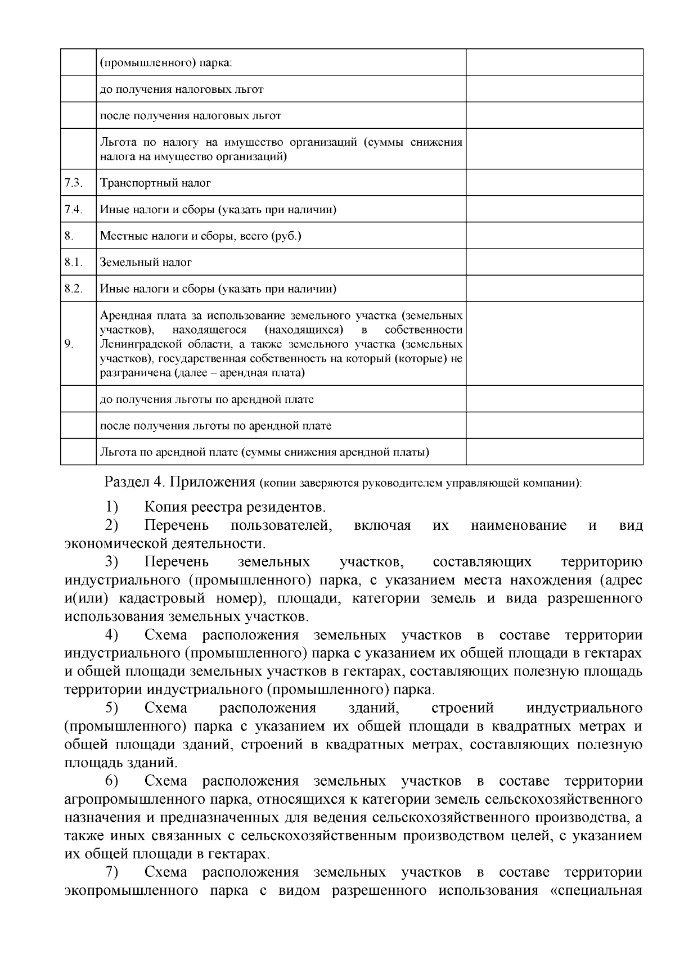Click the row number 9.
69,344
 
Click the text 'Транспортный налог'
155,183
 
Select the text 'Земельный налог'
146,262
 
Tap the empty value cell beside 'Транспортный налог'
554,183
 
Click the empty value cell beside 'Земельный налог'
554,262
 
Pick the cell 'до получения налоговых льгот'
181,89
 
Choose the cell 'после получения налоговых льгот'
190,116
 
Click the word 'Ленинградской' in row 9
138,344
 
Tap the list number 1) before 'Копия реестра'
111,507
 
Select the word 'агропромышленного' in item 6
129,799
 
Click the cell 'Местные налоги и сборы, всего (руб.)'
201,236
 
